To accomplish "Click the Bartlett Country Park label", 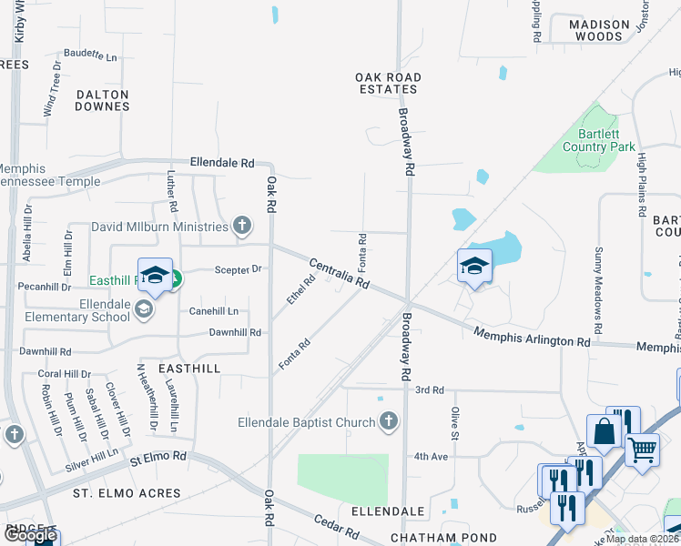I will coord(598,140).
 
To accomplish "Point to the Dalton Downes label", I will coord(102,100).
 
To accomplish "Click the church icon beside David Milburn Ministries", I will coord(241,225).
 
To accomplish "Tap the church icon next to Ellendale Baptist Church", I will coord(389,421).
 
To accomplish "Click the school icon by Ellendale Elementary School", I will coord(143,310).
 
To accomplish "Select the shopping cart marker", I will coord(643,449).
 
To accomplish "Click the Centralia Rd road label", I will coord(339,274).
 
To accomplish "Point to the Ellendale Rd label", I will coord(222,163).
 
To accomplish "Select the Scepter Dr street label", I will coord(238,269).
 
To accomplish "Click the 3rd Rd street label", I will coord(429,389).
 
